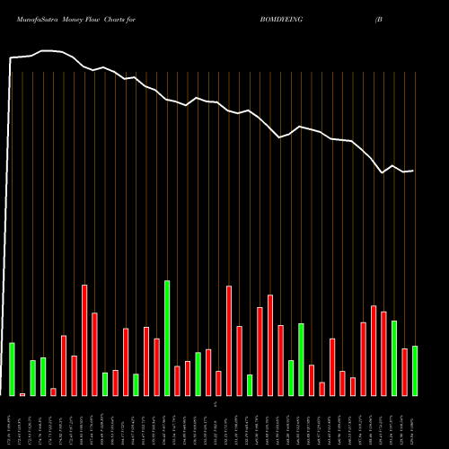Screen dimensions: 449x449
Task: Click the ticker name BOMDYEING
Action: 283,18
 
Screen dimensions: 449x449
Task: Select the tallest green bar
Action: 167,338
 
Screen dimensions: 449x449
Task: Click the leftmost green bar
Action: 12,369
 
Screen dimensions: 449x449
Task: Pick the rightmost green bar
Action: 415,371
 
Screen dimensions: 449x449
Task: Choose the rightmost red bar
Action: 404,372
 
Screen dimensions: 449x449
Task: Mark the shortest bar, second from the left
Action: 22,393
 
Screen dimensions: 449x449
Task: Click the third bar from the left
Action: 32,378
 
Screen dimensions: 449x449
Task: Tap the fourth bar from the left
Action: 43,376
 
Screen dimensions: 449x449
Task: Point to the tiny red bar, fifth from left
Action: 53,392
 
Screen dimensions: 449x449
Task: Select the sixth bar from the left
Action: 64,365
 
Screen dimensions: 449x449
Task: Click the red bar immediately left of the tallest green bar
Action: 156,367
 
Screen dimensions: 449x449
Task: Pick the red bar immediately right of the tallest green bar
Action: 177,381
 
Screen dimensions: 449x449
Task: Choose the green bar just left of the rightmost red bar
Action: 394,357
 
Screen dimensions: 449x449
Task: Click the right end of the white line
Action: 413,171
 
